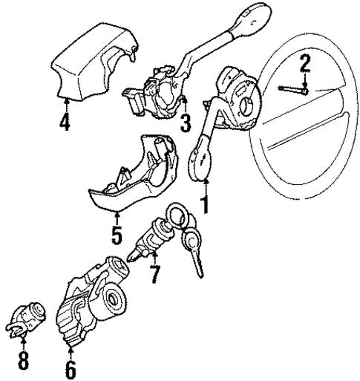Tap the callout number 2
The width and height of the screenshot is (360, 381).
[304, 64]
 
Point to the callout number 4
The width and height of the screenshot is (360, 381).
[65, 122]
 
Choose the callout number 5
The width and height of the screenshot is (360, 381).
[116, 237]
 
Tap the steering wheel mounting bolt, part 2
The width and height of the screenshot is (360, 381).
[292, 90]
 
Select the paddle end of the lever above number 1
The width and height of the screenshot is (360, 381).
[200, 163]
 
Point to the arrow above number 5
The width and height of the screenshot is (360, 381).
[116, 219]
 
